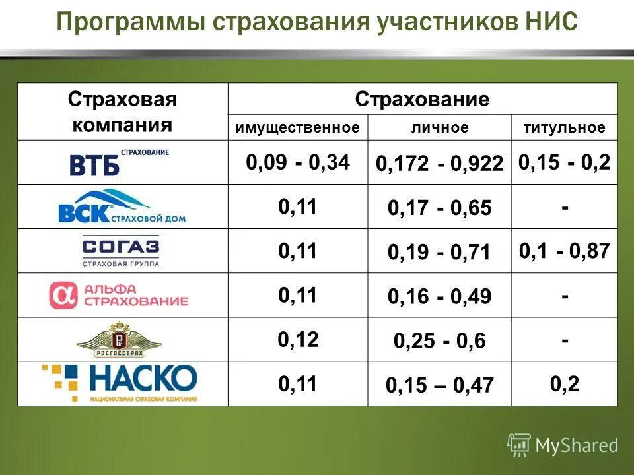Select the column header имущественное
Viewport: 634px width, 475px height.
[x=298, y=128]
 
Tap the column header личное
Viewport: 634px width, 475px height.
[x=440, y=128]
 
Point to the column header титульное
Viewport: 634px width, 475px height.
[x=565, y=128]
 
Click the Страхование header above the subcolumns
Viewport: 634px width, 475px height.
[x=423, y=100]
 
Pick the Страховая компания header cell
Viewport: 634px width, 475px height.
[x=122, y=111]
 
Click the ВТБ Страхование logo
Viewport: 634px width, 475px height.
[x=119, y=162]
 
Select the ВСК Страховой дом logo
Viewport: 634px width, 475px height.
[x=122, y=206]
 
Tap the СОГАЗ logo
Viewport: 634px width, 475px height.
[x=121, y=251]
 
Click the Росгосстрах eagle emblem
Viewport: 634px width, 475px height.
[x=119, y=340]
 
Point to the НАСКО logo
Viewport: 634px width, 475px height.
[x=121, y=383]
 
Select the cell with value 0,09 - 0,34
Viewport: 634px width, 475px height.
[x=298, y=162]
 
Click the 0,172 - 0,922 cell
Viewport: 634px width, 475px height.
[x=440, y=164]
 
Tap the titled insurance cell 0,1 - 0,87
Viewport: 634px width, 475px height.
[x=565, y=250]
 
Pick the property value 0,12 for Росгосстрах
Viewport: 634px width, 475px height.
[x=298, y=339]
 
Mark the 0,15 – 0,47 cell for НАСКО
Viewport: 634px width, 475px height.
[x=440, y=385]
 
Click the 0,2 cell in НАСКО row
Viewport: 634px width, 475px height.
[x=565, y=383]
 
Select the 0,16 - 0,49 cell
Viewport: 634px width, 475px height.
[x=440, y=297]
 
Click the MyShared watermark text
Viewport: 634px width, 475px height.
[x=576, y=445]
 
